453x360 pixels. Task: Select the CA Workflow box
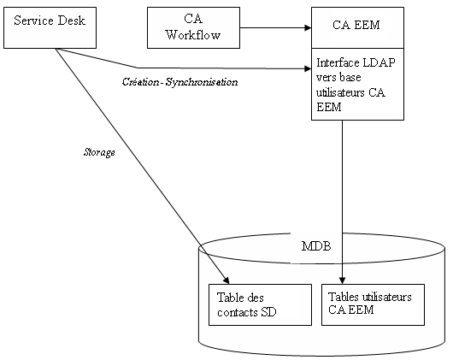coord(193,27)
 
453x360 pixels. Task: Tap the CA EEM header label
coord(357,26)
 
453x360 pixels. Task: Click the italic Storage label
coord(100,153)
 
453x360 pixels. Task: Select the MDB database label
coord(316,247)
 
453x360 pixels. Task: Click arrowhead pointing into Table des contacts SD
coord(227,280)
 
